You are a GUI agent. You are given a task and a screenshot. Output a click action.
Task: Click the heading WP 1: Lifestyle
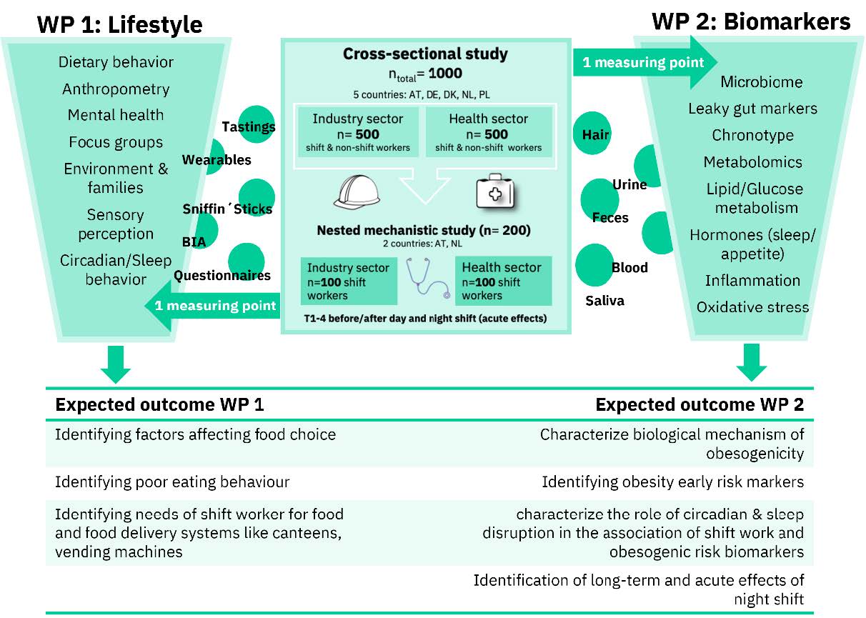coord(120,24)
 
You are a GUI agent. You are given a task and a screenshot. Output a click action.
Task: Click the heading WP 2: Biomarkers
coord(751,21)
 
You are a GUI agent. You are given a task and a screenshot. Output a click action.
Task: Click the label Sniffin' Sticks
coord(227,209)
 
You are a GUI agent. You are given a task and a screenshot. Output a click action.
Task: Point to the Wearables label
coord(216,159)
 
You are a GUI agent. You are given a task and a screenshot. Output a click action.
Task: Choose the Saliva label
coord(604,301)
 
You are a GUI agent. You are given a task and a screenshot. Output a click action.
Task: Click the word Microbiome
coord(761,82)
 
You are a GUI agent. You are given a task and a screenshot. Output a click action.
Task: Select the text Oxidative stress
coord(752,307)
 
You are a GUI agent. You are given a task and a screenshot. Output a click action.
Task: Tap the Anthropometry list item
coord(116,89)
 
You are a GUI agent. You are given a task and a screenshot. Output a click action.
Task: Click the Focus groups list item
coord(116,142)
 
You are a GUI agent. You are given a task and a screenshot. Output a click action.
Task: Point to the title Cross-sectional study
coord(425,54)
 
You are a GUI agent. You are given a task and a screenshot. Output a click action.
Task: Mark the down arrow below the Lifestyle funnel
coord(115,364)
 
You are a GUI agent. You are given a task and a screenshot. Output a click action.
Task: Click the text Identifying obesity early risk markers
coord(672,482)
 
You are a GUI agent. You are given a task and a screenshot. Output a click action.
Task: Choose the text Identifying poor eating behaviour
coord(172,482)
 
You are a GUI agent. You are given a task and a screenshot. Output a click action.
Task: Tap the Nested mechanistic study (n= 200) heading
coord(424,231)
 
